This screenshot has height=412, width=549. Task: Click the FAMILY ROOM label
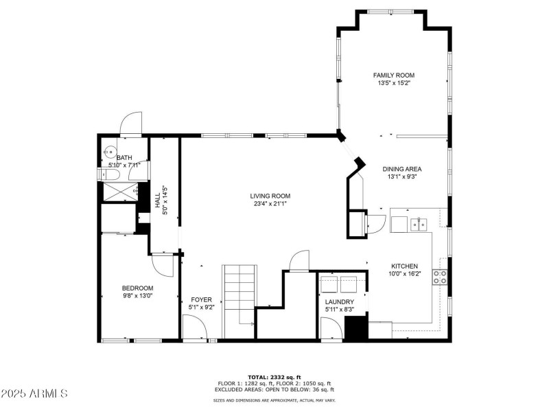pyautogui.click(x=393, y=76)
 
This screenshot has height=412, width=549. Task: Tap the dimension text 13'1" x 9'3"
pyautogui.click(x=402, y=176)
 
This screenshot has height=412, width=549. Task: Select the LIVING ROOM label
pyautogui.click(x=269, y=196)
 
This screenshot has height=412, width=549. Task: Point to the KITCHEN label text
pyautogui.click(x=404, y=266)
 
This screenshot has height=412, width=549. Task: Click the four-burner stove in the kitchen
pyautogui.click(x=440, y=277)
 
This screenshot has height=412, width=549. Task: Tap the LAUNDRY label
pyautogui.click(x=339, y=302)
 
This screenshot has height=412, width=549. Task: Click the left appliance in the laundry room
pyautogui.click(x=329, y=284)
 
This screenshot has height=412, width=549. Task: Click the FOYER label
pyautogui.click(x=201, y=299)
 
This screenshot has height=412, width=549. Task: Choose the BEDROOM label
pyautogui.click(x=137, y=288)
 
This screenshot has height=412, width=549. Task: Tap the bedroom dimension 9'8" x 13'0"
pyautogui.click(x=137, y=296)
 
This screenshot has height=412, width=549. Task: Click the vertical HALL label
pyautogui.click(x=159, y=201)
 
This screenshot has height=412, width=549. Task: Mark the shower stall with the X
pyautogui.click(x=120, y=192)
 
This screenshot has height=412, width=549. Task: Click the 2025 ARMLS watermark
pyautogui.click(x=34, y=394)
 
